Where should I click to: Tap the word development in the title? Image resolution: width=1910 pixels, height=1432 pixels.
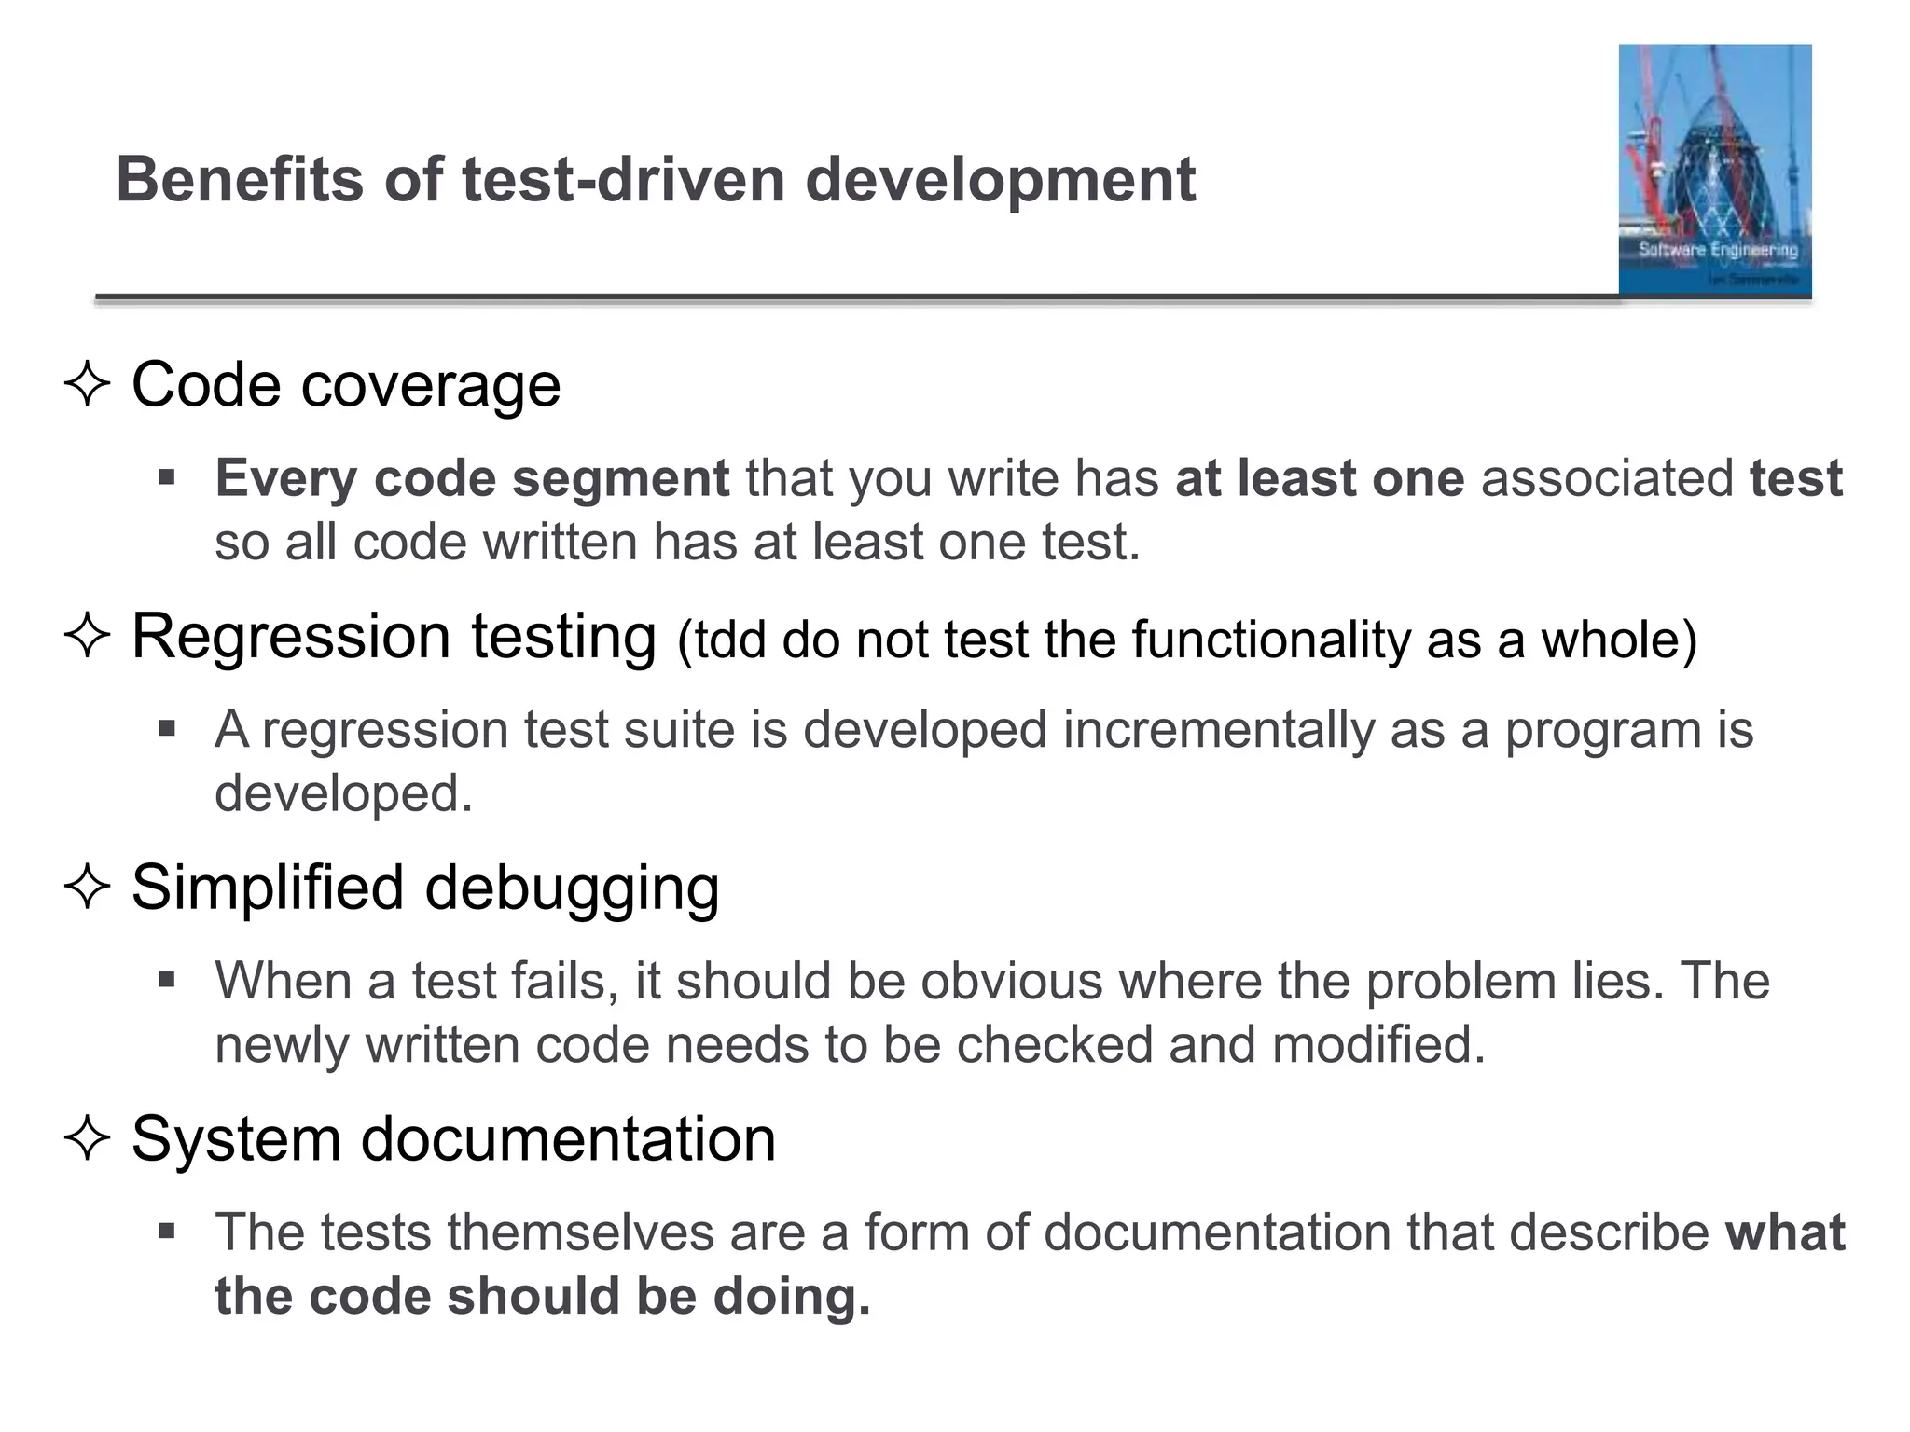pos(1000,181)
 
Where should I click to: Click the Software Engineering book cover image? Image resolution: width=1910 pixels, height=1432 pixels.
pos(1714,170)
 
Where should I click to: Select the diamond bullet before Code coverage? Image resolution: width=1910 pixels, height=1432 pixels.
pos(88,384)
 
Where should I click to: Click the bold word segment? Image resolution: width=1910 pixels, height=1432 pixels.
pos(620,479)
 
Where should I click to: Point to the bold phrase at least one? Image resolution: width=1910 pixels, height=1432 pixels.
pos(1320,478)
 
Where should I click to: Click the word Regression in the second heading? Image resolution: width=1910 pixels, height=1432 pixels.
pos(291,638)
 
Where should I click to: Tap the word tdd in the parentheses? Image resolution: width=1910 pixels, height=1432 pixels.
pos(730,640)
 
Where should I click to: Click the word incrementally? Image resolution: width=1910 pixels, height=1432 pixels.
pos(1218,730)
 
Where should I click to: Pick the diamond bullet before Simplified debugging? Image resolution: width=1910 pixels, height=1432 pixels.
pos(88,887)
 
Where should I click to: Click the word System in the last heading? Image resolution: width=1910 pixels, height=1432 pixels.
pos(236,1139)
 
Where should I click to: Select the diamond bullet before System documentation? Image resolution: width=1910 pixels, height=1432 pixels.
pos(88,1138)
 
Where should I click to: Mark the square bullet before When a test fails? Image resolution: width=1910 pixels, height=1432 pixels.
pos(167,980)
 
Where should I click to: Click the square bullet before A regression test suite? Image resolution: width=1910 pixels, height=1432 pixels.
pos(167,728)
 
